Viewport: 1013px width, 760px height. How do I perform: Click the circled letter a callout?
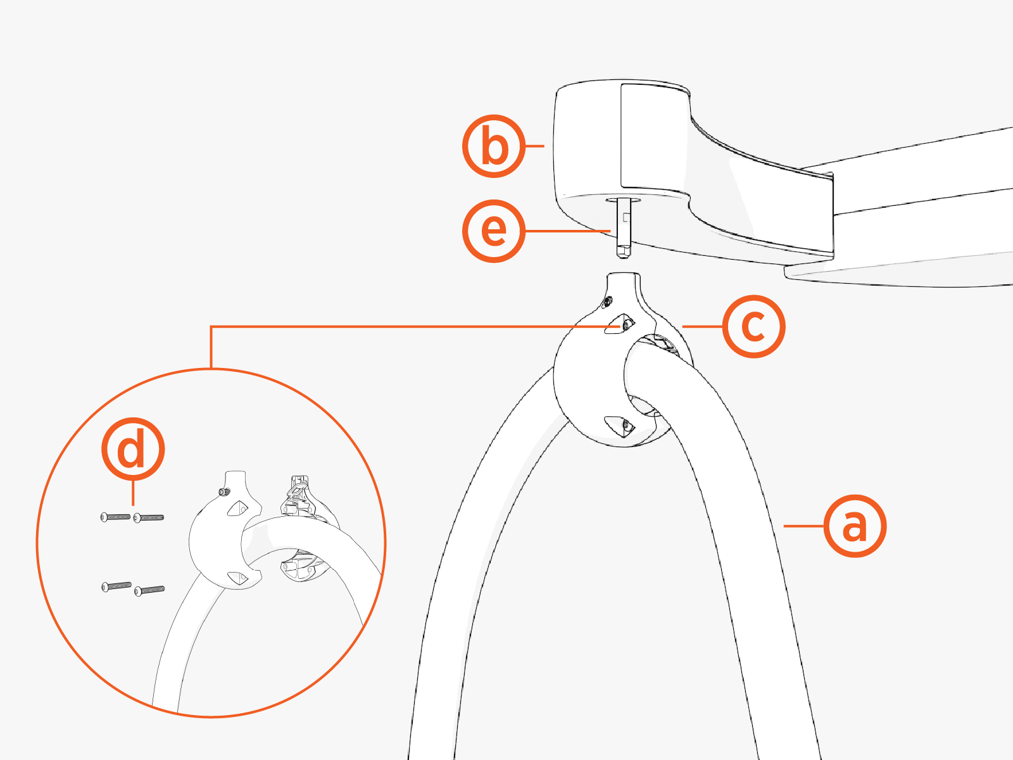click(x=855, y=526)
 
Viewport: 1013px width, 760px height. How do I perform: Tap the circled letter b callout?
click(x=494, y=146)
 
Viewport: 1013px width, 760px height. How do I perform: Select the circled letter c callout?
click(x=753, y=327)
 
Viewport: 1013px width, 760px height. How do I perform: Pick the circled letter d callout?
click(x=133, y=450)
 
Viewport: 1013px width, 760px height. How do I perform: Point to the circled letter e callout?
click(x=494, y=231)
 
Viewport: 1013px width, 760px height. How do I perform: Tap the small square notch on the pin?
click(x=626, y=217)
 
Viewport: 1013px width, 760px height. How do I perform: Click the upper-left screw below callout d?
click(x=115, y=517)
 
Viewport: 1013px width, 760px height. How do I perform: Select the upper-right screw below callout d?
click(x=148, y=517)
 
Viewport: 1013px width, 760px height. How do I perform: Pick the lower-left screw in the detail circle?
click(x=116, y=586)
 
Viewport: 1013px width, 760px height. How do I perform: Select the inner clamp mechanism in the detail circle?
click(x=305, y=531)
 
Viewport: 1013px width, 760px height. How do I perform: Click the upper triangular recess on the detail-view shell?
click(x=237, y=509)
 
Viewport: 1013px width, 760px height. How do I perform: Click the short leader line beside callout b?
click(x=535, y=146)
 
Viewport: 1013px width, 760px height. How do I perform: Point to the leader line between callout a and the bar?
click(x=803, y=526)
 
